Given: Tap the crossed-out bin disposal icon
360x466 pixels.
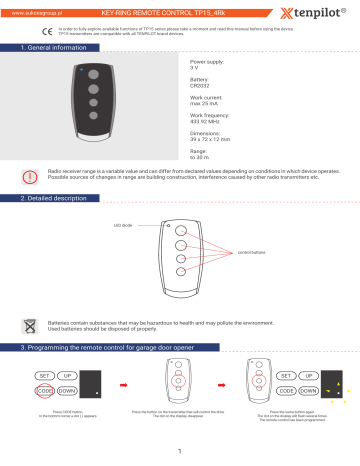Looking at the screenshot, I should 33,325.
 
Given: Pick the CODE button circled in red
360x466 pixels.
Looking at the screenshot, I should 44,391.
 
